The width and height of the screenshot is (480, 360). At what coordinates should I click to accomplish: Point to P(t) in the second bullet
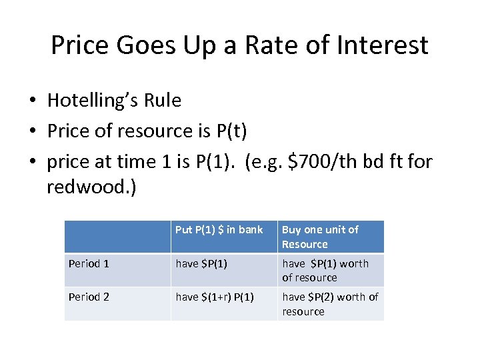pos(232,131)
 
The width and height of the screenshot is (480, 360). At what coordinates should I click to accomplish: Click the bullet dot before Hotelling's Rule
pos(32,101)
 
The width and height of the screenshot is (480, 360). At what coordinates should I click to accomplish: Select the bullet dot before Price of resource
pos(32,131)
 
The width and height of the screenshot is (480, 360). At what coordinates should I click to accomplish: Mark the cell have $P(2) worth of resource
pos(330,303)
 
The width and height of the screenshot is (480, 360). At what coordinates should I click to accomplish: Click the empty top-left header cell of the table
pos(117,237)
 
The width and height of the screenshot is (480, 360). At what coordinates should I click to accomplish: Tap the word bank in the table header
pos(251,229)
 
